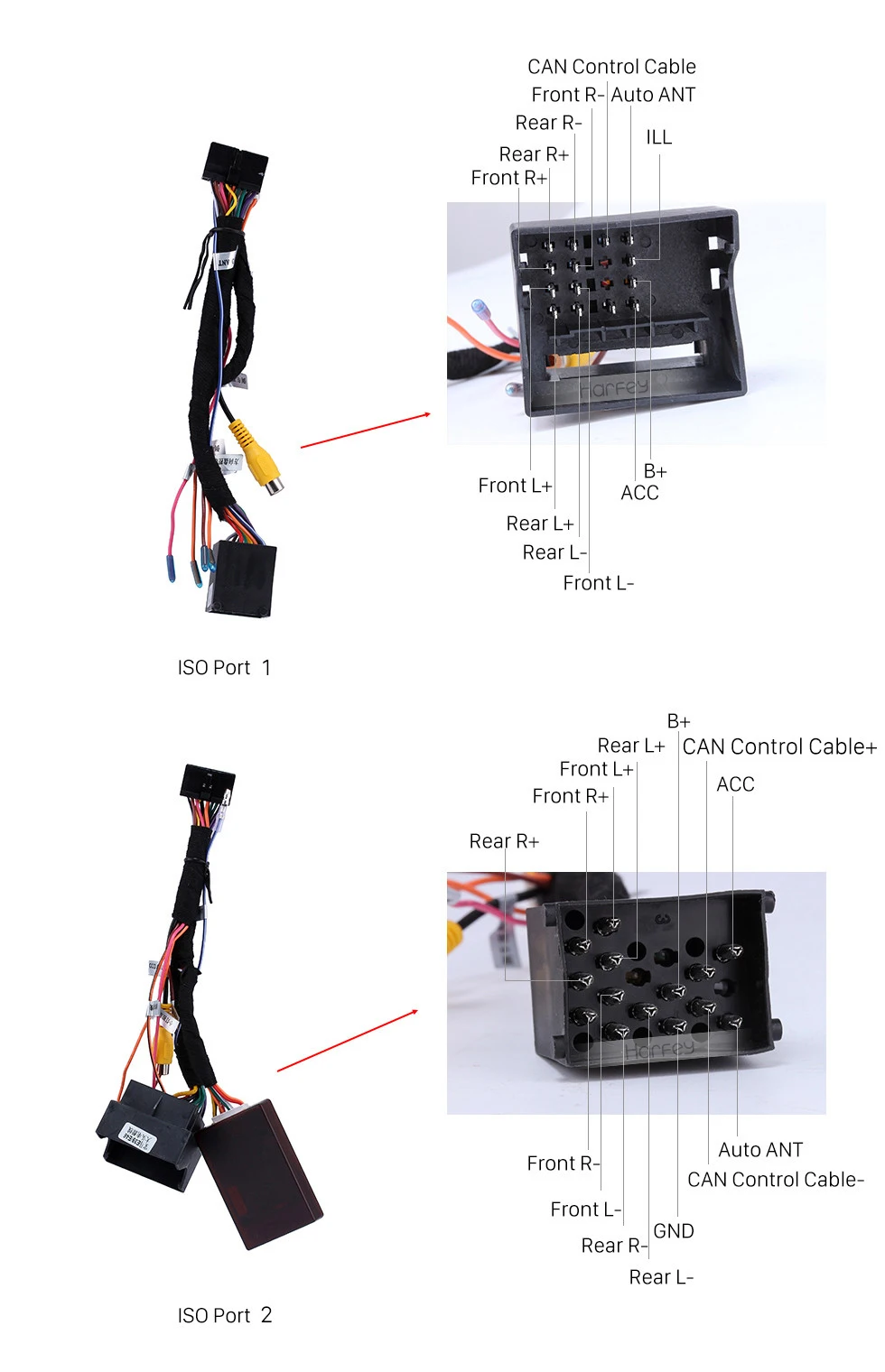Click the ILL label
pyautogui.click(x=659, y=137)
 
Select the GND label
pyautogui.click(x=674, y=1230)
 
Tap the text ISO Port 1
pyautogui.click(x=224, y=667)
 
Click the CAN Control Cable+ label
pyautogui.click(x=779, y=746)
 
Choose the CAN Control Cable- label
pyautogui.click(x=776, y=1179)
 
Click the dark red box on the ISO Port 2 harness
pyautogui.click(x=258, y=1173)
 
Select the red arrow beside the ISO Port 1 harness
pyautogui.click(x=365, y=431)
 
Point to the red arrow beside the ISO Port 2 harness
pyautogui.click(x=348, y=1041)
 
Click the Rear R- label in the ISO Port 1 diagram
pyautogui.click(x=548, y=123)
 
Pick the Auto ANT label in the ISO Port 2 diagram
pyautogui.click(x=760, y=1150)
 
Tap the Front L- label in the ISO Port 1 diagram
pyautogui.click(x=598, y=582)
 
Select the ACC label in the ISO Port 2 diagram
pyautogui.click(x=735, y=784)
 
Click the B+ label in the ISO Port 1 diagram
pyautogui.click(x=655, y=471)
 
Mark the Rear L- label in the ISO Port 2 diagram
pyautogui.click(x=661, y=1277)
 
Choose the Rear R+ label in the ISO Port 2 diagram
pyautogui.click(x=504, y=841)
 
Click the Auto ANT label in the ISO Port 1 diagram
pyautogui.click(x=653, y=95)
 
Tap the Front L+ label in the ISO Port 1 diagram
pyautogui.click(x=515, y=485)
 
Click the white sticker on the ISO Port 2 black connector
pyautogui.click(x=137, y=1137)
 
